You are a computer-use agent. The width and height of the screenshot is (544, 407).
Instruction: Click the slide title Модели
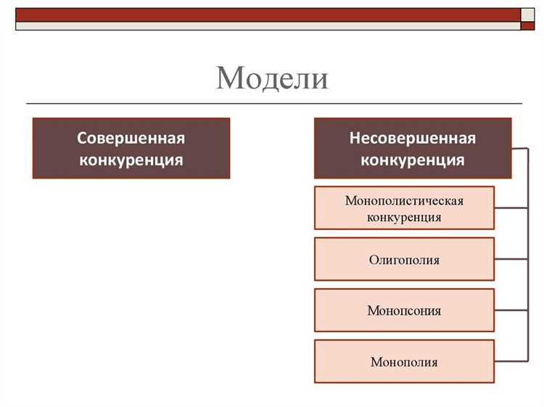tap(272, 78)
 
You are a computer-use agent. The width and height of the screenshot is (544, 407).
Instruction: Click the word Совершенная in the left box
tap(131, 138)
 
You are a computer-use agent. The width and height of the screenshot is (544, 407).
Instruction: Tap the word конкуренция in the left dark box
tap(131, 159)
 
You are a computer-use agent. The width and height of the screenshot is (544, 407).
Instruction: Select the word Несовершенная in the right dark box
tap(413, 138)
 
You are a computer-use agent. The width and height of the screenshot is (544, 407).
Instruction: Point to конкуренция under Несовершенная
tap(413, 160)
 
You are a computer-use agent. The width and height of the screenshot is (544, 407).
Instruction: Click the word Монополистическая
tap(404, 200)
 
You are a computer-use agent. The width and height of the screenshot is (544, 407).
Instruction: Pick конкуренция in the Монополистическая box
tap(404, 216)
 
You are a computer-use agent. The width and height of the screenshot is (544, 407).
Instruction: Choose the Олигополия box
tap(404, 259)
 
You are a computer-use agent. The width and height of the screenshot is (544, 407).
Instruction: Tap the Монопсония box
tap(404, 311)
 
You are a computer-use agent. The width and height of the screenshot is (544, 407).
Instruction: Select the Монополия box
tap(404, 361)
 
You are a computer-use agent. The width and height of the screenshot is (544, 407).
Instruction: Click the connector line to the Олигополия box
tap(511, 259)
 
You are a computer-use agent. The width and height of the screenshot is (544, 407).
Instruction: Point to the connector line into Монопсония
tap(511, 311)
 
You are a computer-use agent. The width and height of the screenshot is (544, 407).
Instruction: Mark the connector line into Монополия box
tap(511, 361)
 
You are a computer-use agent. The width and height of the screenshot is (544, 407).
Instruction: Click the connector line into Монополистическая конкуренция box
tap(511, 208)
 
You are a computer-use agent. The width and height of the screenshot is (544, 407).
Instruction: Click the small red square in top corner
tap(529, 15)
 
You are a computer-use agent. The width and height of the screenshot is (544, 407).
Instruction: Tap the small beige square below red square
tap(529, 26)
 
